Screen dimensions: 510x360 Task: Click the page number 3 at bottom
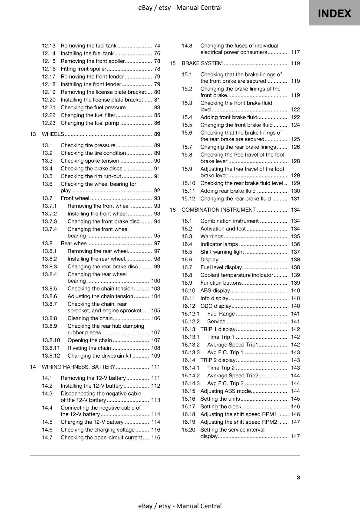(298, 477)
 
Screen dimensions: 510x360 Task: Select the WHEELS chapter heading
(53, 134)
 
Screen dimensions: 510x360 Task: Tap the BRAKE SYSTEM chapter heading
(202, 63)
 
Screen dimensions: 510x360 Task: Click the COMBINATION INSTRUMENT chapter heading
(219, 210)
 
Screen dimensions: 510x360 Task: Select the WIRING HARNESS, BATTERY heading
(78, 367)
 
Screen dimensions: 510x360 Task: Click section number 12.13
(49, 46)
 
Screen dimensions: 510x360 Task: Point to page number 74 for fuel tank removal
(157, 46)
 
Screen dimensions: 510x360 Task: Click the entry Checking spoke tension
(90, 161)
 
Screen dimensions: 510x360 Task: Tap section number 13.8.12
(51, 356)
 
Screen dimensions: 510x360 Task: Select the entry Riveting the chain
(89, 348)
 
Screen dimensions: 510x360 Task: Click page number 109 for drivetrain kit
(155, 356)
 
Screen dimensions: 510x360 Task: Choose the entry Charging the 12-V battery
(92, 422)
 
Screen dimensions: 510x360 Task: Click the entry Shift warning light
(222, 252)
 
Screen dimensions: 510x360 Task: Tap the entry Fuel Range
(221, 314)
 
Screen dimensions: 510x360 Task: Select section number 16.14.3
(191, 383)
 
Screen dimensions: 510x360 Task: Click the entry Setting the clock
(221, 406)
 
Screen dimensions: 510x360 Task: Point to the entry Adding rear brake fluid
(228, 191)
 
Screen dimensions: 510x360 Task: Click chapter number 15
(173, 63)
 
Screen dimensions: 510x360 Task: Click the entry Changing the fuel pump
(90, 123)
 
